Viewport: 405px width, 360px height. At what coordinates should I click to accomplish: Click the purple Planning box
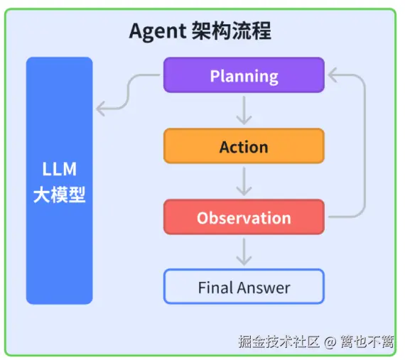pyautogui.click(x=244, y=75)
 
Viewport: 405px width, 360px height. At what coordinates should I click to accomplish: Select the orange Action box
pyautogui.click(x=244, y=146)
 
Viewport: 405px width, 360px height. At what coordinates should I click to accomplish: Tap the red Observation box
pyautogui.click(x=244, y=217)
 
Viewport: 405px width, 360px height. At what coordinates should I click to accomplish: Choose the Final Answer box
pyautogui.click(x=244, y=287)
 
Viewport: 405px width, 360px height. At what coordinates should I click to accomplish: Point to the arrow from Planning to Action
pyautogui.click(x=244, y=110)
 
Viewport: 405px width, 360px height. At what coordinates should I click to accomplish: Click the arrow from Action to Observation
pyautogui.click(x=244, y=181)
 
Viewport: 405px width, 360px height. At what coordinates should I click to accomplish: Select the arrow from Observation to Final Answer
pyautogui.click(x=244, y=251)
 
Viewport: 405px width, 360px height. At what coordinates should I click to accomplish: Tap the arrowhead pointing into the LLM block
pyautogui.click(x=101, y=109)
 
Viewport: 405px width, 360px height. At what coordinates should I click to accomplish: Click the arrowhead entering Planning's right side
pyautogui.click(x=330, y=75)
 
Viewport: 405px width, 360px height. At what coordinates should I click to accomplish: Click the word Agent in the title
pyautogui.click(x=158, y=32)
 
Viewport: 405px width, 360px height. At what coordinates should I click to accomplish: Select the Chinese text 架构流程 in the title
pyautogui.click(x=232, y=32)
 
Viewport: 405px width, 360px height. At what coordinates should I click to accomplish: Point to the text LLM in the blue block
pyautogui.click(x=60, y=170)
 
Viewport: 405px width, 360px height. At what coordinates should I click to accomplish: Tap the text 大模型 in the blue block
pyautogui.click(x=60, y=194)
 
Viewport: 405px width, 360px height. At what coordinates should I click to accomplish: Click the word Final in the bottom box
pyautogui.click(x=215, y=288)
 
